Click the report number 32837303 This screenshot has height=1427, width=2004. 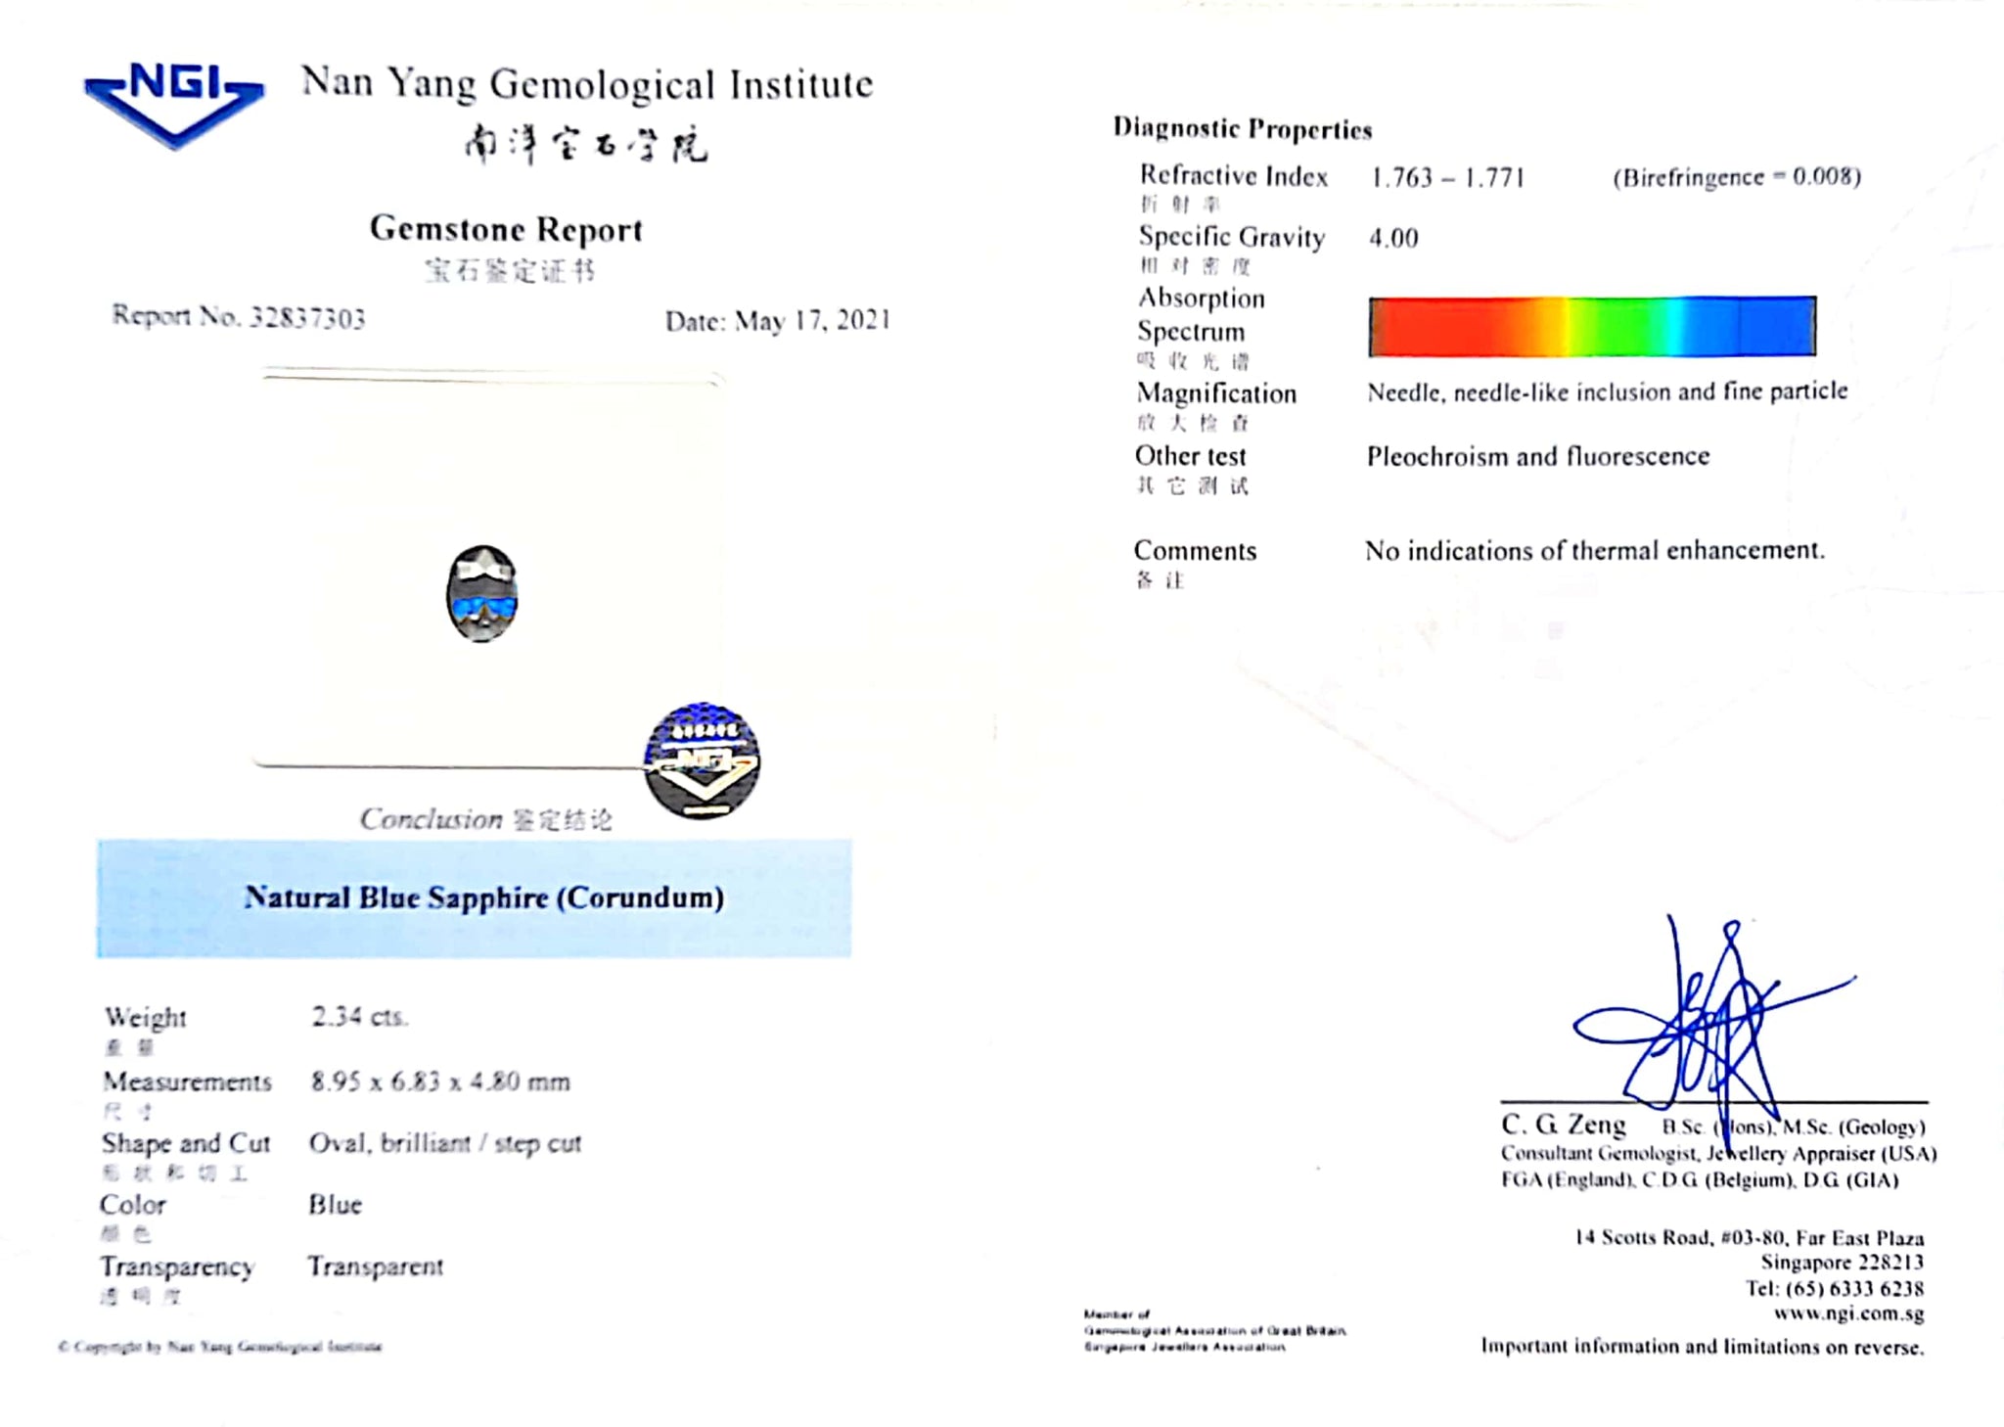point(306,318)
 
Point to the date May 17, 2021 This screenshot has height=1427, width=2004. point(812,321)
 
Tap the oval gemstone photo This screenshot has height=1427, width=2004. point(481,594)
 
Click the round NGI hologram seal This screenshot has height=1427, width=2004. point(702,760)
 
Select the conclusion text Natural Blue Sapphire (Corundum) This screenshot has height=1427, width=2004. point(484,898)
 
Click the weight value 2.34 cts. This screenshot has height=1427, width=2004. point(359,1017)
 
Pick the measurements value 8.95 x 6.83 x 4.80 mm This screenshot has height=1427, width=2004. point(440,1082)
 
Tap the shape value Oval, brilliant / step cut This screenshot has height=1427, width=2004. point(445,1143)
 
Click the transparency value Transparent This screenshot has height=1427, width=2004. point(376,1266)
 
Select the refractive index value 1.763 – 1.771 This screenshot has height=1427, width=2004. point(1447,177)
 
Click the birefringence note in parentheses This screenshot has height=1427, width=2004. point(1737,177)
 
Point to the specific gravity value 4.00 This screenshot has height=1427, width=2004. point(1393,238)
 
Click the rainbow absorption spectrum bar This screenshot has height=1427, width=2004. point(1592,326)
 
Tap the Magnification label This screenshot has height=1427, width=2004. point(1216,393)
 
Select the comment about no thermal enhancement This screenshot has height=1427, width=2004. point(1595,551)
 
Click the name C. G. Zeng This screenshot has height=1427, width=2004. point(1564,1125)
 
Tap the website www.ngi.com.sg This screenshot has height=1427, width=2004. point(1848,1313)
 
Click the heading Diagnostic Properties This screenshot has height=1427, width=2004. point(1243,129)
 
